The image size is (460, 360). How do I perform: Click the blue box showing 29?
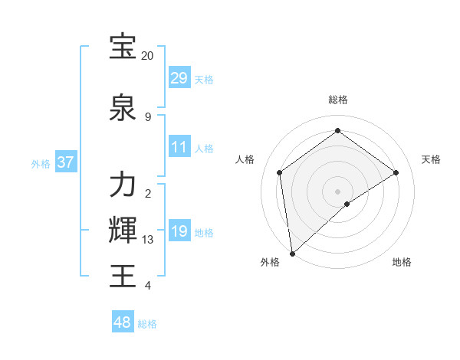179,78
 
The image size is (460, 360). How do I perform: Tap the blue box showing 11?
179,147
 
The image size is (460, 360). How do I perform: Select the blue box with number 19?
179,231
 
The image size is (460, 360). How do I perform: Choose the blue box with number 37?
66,162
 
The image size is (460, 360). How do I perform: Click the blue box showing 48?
123,322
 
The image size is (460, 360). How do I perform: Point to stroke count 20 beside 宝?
147,55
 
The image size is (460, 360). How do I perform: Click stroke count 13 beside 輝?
147,239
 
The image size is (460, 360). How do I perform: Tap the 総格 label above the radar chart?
337,100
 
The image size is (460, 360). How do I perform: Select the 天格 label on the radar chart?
432,159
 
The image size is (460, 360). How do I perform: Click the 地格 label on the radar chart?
402,262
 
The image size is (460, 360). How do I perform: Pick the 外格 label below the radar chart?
270,262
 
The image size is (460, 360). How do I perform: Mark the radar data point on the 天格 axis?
396,172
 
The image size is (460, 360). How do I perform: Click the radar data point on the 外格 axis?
291,253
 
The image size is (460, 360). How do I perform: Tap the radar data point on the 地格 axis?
347,204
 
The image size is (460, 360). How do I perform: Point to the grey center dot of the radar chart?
337,191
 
